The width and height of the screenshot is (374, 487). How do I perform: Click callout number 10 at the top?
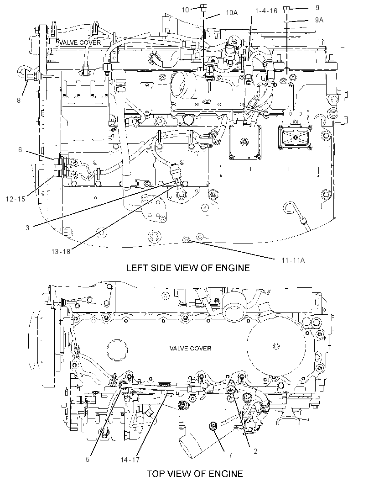tap(185, 10)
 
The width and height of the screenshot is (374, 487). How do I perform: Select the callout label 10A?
tap(232, 13)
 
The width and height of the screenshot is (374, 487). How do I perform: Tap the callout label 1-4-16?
tap(266, 11)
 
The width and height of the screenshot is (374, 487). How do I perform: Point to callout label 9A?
tap(319, 20)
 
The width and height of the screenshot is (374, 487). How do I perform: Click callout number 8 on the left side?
tap(19, 101)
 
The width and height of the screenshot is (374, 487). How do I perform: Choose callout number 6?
tap(20, 150)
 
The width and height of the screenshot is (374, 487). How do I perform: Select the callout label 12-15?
tap(16, 199)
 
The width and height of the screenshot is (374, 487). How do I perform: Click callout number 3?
tap(27, 228)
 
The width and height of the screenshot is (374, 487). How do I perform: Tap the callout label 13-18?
tap(61, 252)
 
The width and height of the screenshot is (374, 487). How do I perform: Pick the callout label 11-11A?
tap(293, 260)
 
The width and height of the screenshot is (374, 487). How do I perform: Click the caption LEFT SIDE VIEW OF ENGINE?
tap(187, 268)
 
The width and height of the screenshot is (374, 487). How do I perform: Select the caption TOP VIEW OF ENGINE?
tap(195, 473)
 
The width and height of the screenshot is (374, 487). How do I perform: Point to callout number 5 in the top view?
tap(88, 459)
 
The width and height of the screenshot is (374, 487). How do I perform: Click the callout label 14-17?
tap(130, 460)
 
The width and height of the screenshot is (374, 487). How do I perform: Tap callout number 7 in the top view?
tap(230, 455)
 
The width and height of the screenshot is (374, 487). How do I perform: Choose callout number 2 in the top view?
tap(255, 451)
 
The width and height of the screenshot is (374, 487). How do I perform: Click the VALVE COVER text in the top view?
tap(190, 349)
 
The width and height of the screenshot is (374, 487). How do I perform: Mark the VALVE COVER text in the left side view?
tap(80, 42)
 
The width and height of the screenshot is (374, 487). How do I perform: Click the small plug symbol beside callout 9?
tap(286, 11)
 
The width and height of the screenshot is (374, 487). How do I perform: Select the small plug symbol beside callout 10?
tap(203, 8)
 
